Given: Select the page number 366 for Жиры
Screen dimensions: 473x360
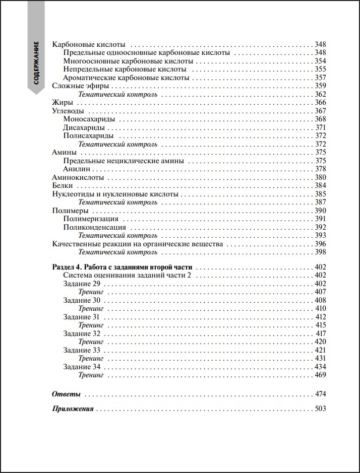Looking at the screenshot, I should (x=321, y=103).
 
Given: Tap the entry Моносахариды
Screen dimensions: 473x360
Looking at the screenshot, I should (x=89, y=119).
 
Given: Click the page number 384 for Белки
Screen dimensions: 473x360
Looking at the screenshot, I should (x=321, y=185).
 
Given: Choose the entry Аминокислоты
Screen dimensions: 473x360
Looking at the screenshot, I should (x=78, y=177).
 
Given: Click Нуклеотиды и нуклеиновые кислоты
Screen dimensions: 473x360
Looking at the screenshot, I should (x=115, y=194).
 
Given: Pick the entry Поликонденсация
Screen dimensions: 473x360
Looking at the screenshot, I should (x=94, y=227).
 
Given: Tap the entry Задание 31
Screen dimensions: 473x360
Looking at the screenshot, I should (x=81, y=317).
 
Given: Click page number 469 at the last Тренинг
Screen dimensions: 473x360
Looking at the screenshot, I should (x=321, y=375).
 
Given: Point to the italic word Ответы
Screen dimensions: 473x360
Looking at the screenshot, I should (x=67, y=393).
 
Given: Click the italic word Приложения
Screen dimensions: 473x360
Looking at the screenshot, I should (x=73, y=409).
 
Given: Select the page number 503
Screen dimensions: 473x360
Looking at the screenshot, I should (x=321, y=409).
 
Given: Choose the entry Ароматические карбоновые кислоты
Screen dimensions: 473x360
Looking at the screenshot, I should (x=126, y=78).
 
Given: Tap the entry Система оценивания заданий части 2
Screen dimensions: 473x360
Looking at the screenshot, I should (x=129, y=276).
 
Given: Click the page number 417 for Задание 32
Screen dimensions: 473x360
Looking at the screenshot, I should (x=321, y=333).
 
